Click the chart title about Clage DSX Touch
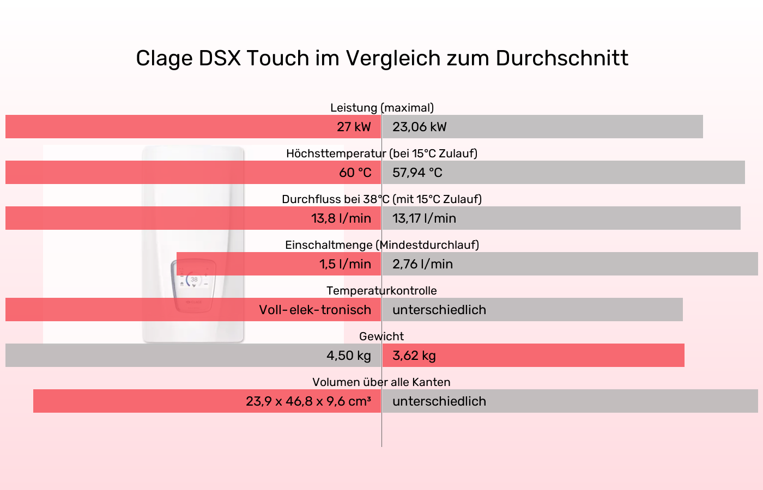click(x=381, y=58)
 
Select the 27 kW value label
click(x=353, y=127)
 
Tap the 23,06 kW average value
click(x=419, y=127)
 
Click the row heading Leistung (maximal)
click(x=381, y=108)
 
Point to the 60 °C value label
click(x=355, y=173)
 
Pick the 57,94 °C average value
click(x=417, y=173)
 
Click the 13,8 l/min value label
click(x=341, y=218)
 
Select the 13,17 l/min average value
click(x=424, y=218)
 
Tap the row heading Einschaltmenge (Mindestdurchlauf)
click(x=381, y=245)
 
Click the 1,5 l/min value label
click(x=345, y=264)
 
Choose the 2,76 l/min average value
click(x=422, y=264)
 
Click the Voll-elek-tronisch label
click(x=315, y=310)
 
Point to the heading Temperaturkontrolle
click(x=381, y=291)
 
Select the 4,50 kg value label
click(x=348, y=356)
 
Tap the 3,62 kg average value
click(x=414, y=356)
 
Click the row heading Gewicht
click(x=381, y=336)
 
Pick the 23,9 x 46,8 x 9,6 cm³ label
click(x=308, y=401)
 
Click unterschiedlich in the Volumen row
click(x=439, y=401)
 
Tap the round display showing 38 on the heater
click(x=194, y=280)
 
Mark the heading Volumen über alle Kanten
click(x=381, y=382)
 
